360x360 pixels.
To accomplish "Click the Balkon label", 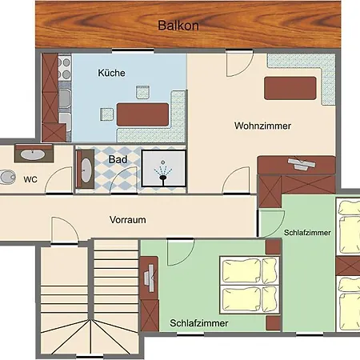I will click(178, 25).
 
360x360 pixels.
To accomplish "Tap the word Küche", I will click(111, 73).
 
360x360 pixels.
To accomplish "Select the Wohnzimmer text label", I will click(262, 126).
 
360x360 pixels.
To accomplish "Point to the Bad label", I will click(117, 158).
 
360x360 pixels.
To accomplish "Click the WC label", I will click(30, 179).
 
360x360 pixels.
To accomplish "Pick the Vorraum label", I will click(130, 219).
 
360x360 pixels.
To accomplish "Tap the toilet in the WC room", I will click(7, 177).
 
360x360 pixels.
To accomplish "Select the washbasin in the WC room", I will click(33, 154).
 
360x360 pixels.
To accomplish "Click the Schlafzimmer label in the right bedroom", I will click(307, 232).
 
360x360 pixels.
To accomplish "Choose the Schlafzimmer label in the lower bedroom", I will click(199, 323).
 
